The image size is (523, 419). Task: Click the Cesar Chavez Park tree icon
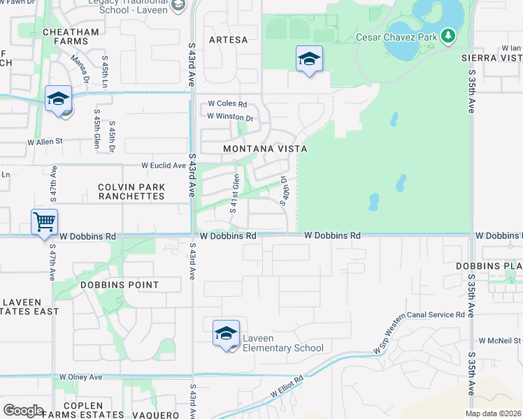coord(447,35)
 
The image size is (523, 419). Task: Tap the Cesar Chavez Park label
coord(397,37)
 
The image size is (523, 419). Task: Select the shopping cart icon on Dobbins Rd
coord(44,223)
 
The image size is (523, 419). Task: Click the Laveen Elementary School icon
coord(226,334)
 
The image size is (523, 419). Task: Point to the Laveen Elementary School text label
coord(282,344)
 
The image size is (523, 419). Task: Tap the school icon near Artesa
coord(308,59)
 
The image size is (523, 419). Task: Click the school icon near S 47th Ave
coord(59,99)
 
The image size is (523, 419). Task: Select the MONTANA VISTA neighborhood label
coord(265,149)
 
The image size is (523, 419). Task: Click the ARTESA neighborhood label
coord(228,40)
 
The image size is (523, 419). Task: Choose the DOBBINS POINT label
coord(120,285)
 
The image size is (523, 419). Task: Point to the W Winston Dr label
coord(229,118)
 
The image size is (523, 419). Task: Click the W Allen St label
coord(45,141)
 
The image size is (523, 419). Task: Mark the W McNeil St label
coord(501,341)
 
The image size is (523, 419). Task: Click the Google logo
coord(23,411)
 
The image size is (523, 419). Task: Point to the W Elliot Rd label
coord(287,390)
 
